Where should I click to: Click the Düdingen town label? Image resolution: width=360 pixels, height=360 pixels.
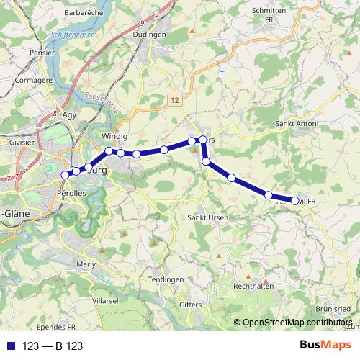(150, 34)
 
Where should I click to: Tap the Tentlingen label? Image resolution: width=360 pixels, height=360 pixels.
(166, 279)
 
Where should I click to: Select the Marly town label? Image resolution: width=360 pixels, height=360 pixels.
(86, 264)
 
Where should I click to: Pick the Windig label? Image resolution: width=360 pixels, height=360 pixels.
(114, 136)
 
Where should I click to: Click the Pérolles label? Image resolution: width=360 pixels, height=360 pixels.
(71, 194)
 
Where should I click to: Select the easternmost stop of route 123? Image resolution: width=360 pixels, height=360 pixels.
(295, 200)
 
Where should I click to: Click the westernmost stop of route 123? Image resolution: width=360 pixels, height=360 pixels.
(66, 174)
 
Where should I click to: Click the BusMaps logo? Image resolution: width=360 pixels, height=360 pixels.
(326, 346)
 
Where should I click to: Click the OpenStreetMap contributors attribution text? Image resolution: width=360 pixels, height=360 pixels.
(296, 323)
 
